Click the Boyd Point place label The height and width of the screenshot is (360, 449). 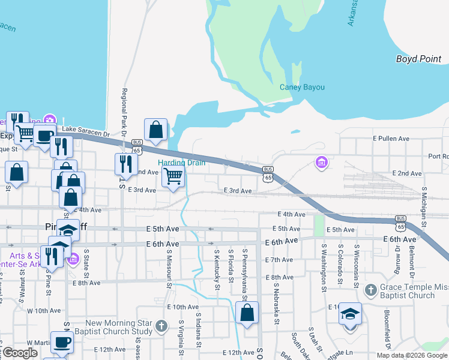(x=419, y=59)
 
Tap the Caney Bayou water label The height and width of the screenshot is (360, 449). (x=302, y=87)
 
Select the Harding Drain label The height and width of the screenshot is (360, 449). (x=181, y=163)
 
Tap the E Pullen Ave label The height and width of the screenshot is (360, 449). (x=391, y=139)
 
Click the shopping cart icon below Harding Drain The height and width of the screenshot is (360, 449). (x=173, y=177)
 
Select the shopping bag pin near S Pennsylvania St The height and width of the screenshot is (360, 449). (x=247, y=313)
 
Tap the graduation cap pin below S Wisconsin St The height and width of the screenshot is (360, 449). (x=350, y=314)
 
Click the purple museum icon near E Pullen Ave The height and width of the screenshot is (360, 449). (x=322, y=162)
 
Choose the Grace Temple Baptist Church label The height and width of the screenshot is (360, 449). (x=414, y=292)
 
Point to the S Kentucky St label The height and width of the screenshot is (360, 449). (x=216, y=268)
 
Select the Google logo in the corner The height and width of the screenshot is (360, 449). (x=20, y=353)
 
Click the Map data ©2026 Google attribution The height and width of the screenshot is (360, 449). (x=411, y=355)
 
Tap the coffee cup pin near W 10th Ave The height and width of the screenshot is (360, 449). (x=61, y=343)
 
